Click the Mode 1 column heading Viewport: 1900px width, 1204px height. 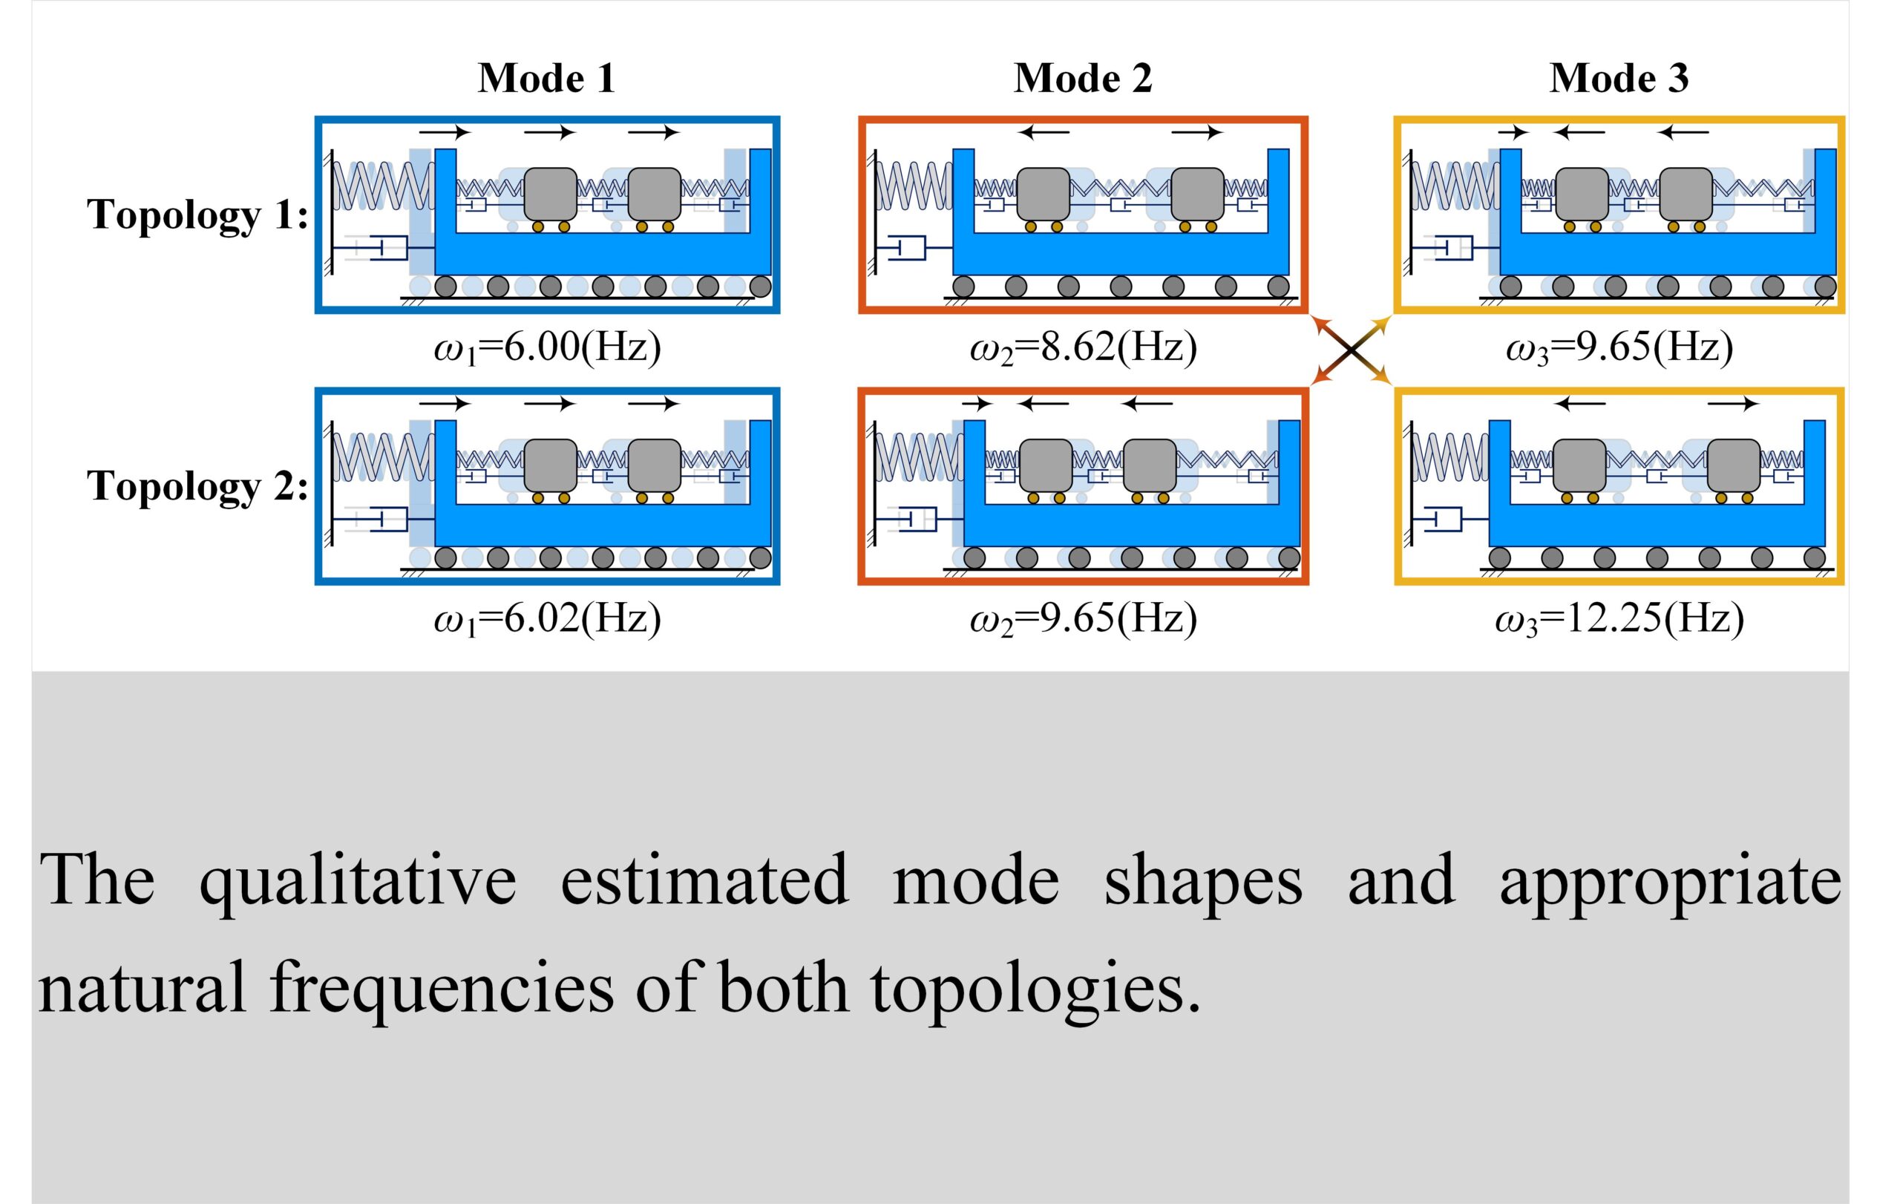click(546, 78)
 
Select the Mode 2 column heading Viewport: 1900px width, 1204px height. click(1083, 78)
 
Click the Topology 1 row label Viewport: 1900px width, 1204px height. click(197, 215)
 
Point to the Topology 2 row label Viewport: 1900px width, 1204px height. click(197, 486)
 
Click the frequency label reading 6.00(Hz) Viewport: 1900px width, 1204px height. click(548, 347)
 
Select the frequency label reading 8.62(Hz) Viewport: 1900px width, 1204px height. click(1084, 347)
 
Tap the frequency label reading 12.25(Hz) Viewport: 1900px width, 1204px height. click(1619, 618)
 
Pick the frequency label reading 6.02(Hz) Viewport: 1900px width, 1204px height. click(548, 618)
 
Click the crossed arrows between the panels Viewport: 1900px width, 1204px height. click(1351, 350)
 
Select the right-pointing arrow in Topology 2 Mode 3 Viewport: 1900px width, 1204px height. click(1733, 404)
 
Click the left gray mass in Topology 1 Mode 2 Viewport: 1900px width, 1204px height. click(1043, 194)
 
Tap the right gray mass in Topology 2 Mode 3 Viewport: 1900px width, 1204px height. click(1734, 465)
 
